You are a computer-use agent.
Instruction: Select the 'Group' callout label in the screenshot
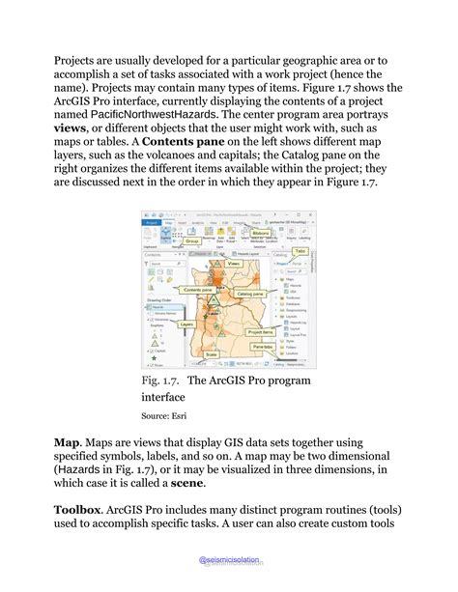[192, 240]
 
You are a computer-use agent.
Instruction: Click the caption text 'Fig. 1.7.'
[160, 381]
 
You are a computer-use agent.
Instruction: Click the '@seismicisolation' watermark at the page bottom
[229, 560]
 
